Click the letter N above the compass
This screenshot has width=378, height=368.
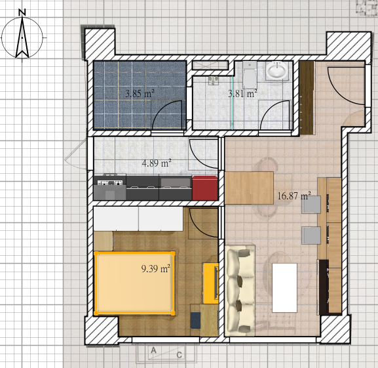(22, 12)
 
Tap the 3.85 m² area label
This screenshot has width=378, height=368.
(140, 93)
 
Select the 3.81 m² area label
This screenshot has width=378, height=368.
(242, 94)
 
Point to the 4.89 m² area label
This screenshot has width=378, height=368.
(157, 163)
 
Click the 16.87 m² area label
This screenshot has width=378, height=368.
(294, 195)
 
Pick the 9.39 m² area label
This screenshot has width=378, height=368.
(156, 268)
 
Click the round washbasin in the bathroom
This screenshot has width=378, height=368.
(277, 70)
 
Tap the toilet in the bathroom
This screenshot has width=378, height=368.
(250, 75)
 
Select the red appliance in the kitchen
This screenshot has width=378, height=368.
(205, 188)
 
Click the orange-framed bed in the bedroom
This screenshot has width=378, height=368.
(135, 283)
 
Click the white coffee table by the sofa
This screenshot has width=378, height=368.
(284, 288)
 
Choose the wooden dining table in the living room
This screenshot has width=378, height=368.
(249, 188)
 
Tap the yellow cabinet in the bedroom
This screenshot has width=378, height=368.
(211, 283)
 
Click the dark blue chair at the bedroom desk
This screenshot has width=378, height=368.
(195, 320)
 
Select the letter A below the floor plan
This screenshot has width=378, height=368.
(153, 350)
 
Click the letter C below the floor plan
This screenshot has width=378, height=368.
(179, 356)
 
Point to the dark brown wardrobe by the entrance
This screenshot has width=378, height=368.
(306, 98)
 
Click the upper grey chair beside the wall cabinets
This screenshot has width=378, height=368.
(311, 205)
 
